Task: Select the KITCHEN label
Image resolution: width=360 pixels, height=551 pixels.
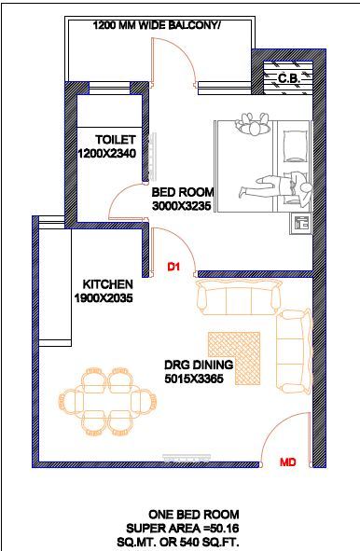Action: [x=107, y=283]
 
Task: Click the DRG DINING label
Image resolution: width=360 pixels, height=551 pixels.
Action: [x=199, y=365]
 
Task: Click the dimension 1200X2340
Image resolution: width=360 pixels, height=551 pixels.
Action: [x=107, y=152]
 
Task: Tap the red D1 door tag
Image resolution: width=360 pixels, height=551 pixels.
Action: [x=173, y=268]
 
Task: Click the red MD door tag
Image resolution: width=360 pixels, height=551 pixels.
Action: [x=288, y=461]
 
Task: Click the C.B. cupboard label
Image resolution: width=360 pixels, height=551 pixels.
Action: [x=287, y=79]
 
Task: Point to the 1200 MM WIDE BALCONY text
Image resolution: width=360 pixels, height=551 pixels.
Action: [x=158, y=27]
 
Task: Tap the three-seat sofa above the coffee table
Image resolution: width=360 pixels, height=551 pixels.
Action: [x=239, y=299]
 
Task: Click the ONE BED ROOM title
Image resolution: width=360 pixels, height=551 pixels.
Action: [x=193, y=514]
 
